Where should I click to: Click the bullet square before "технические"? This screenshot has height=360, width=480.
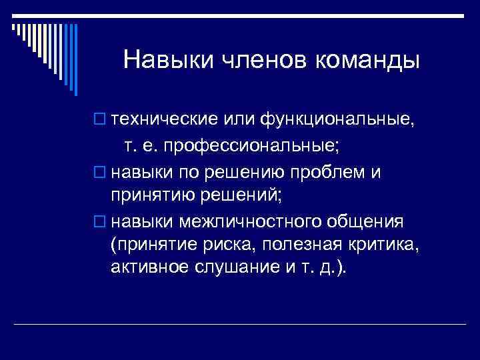pyautogui.click(x=102, y=121)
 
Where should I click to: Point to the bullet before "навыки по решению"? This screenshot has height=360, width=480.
pyautogui.click(x=102, y=174)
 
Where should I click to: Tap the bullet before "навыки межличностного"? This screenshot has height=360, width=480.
pyautogui.click(x=102, y=221)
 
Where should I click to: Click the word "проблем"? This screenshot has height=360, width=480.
pyautogui.click(x=333, y=173)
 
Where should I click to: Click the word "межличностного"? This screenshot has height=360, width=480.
pyautogui.click(x=265, y=221)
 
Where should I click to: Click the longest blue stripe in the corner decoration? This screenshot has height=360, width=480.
pyautogui.click(x=75, y=57)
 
